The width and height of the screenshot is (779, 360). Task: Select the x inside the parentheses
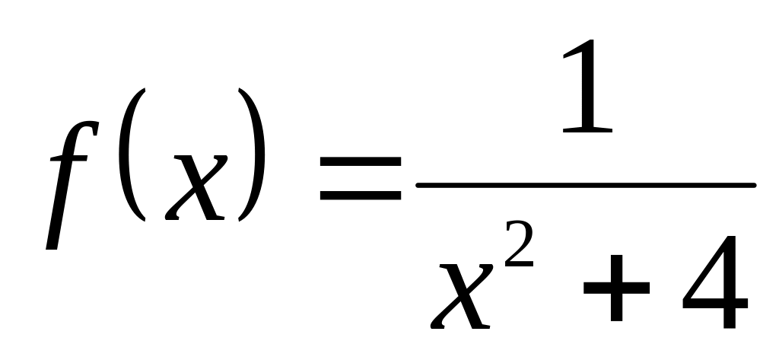click(x=196, y=187)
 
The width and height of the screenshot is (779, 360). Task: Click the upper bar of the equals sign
click(x=360, y=161)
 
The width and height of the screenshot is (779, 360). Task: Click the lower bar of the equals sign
click(x=360, y=196)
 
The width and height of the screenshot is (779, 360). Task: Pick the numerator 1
click(x=588, y=85)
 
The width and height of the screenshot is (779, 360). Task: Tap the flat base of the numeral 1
click(x=588, y=130)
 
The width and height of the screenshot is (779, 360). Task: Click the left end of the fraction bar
click(x=418, y=186)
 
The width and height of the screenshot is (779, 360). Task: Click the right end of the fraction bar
click(x=754, y=186)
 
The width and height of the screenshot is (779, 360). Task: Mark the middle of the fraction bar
click(x=586, y=186)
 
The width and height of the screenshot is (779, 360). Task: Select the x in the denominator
click(x=462, y=296)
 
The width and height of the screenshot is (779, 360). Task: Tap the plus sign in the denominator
click(x=616, y=288)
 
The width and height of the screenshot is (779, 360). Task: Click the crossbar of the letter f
click(x=68, y=158)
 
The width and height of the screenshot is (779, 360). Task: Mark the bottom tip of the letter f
click(x=51, y=248)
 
